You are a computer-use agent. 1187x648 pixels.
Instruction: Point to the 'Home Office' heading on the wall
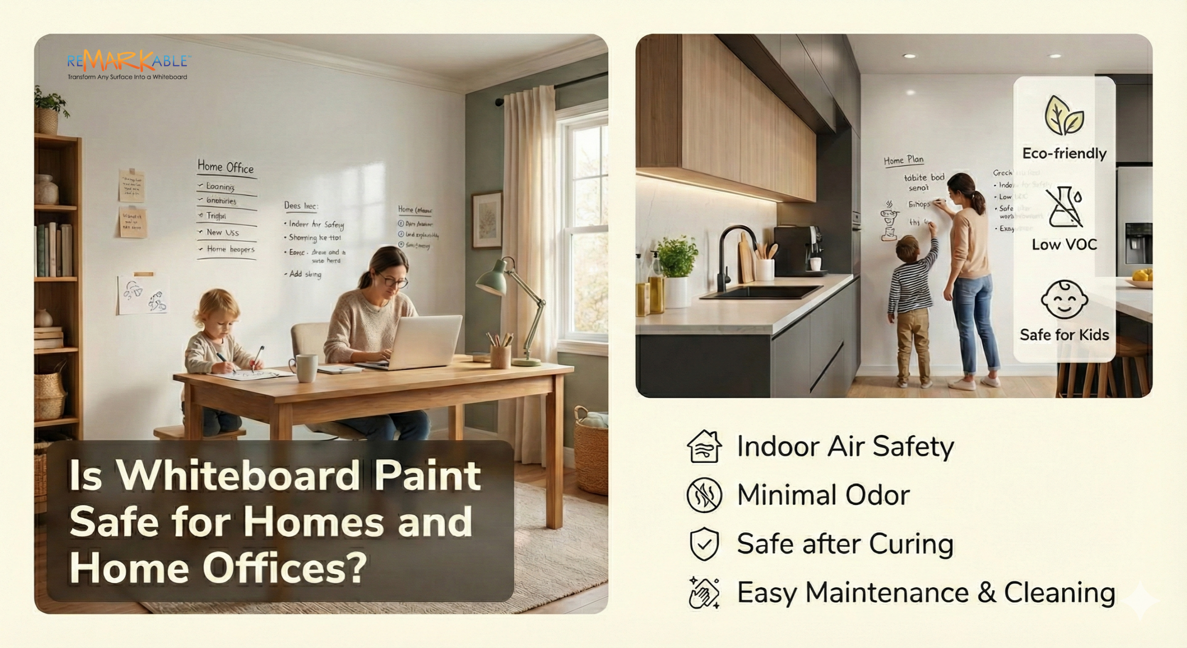coord(226,167)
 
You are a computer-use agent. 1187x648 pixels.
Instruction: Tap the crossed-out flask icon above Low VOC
coord(1065,207)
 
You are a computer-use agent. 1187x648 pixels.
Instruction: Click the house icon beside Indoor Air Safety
coord(704,447)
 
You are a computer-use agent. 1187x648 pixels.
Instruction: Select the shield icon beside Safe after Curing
coord(704,544)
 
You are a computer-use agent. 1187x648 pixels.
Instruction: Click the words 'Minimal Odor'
coord(823,495)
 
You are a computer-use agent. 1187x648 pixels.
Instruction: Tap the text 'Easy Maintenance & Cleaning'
coord(926,593)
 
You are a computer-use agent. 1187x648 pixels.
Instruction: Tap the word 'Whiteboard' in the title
coord(240,476)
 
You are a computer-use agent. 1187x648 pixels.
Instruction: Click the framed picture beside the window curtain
coord(487,220)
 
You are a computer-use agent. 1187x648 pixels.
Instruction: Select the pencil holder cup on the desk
coord(500,355)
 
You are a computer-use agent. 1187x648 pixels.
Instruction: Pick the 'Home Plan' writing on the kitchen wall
coord(904,161)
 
